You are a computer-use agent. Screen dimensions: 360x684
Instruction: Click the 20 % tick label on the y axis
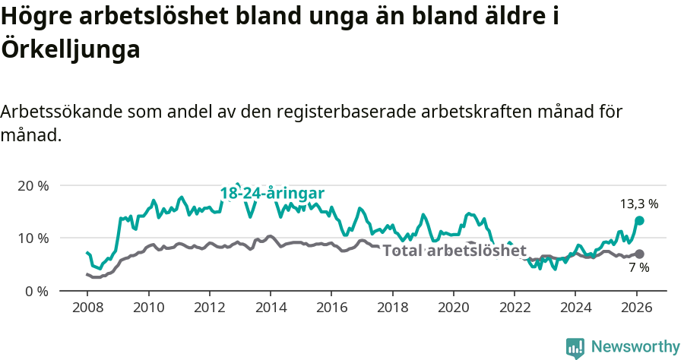tap(33, 186)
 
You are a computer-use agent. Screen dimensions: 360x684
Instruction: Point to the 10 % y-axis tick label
tap(33, 238)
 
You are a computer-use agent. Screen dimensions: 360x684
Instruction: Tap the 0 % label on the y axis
tap(36, 292)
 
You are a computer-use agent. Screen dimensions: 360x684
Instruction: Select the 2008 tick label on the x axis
tap(87, 308)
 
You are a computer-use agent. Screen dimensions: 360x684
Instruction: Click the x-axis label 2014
tap(271, 308)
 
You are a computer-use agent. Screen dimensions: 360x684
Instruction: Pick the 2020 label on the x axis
tap(453, 308)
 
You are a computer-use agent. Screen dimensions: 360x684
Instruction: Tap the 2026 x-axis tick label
tap(636, 308)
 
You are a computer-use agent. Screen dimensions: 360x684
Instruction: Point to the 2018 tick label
tap(392, 308)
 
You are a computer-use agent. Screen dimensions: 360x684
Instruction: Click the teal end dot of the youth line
tap(640, 220)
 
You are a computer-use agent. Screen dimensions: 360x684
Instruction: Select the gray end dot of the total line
tap(640, 254)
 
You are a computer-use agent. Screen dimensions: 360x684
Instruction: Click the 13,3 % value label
tap(639, 204)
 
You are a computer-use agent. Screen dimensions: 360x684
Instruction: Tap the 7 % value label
tap(639, 268)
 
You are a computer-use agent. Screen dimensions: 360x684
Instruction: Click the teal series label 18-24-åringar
tap(272, 193)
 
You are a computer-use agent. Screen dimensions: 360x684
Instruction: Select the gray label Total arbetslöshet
tap(454, 251)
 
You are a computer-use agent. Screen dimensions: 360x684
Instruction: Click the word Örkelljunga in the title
tap(71, 49)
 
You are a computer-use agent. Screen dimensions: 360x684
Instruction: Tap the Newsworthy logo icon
tap(575, 347)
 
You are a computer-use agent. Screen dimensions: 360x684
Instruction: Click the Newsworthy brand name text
tap(635, 347)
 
